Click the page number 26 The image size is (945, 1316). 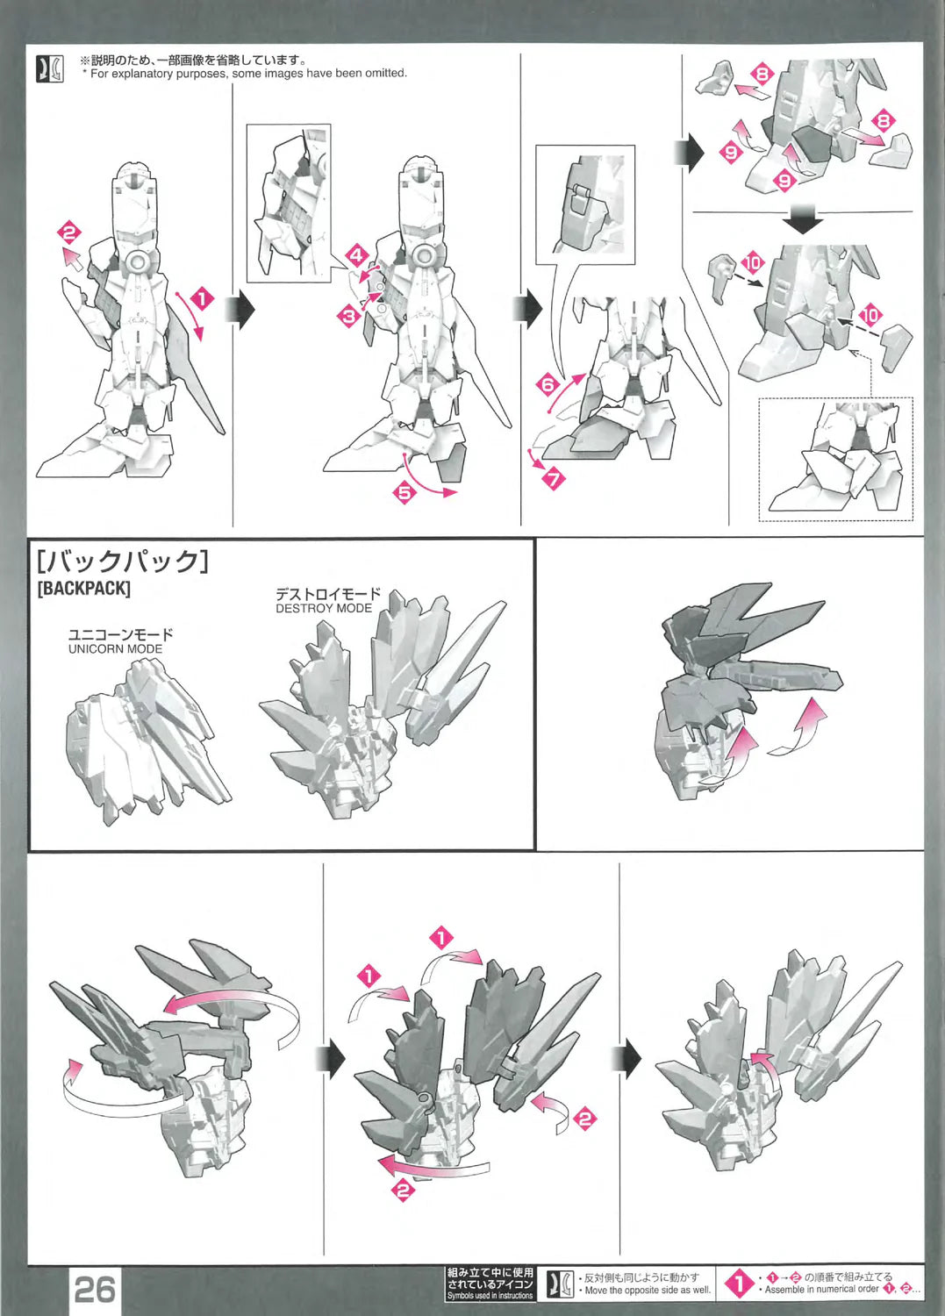pos(96,1290)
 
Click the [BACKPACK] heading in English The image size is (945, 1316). pos(83,588)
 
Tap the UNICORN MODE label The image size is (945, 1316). pos(115,648)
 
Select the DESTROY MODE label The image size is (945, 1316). pos(324,608)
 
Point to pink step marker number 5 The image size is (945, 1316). pos(404,492)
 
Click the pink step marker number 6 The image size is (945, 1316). pos(548,385)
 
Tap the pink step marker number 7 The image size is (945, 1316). pos(554,479)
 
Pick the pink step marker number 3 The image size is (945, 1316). pos(349,317)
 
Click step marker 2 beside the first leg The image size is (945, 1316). pos(68,232)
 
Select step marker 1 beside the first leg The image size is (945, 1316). pos(203,299)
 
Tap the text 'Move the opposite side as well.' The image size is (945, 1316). pos(648,1291)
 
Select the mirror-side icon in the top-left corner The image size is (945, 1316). pos(50,68)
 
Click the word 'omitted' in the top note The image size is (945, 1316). pos(385,74)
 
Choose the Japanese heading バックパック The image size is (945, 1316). pos(122,561)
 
